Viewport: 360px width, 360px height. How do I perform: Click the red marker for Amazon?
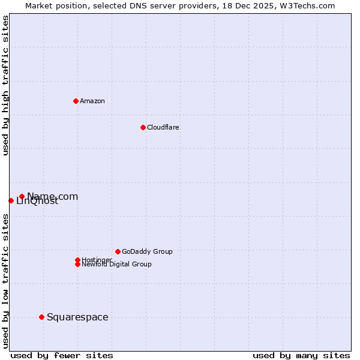(x=76, y=101)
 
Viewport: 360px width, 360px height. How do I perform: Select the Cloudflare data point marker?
(x=143, y=127)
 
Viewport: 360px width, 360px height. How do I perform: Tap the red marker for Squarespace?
(x=41, y=317)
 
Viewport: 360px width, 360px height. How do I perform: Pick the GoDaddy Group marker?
(x=118, y=251)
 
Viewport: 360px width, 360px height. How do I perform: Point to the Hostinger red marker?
(x=77, y=260)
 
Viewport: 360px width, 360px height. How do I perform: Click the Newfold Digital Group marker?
(x=77, y=264)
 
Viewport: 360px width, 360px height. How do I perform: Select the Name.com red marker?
(x=22, y=196)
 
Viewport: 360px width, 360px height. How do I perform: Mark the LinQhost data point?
(x=11, y=200)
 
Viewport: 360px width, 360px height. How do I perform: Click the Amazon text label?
(x=92, y=101)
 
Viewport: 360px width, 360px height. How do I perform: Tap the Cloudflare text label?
(x=163, y=127)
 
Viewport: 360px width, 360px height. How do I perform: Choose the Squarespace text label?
(x=77, y=317)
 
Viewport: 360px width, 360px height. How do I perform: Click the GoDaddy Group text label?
(x=147, y=251)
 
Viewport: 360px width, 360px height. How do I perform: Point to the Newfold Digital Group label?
(x=117, y=265)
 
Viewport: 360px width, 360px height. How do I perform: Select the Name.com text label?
(x=53, y=196)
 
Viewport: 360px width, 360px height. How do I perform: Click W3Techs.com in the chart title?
(x=305, y=5)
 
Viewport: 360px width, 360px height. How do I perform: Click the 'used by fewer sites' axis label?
(x=62, y=355)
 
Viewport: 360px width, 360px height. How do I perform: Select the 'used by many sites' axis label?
(x=301, y=355)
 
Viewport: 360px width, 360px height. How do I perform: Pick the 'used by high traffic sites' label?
(x=5, y=85)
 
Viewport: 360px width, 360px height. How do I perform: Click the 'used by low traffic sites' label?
(x=5, y=281)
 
